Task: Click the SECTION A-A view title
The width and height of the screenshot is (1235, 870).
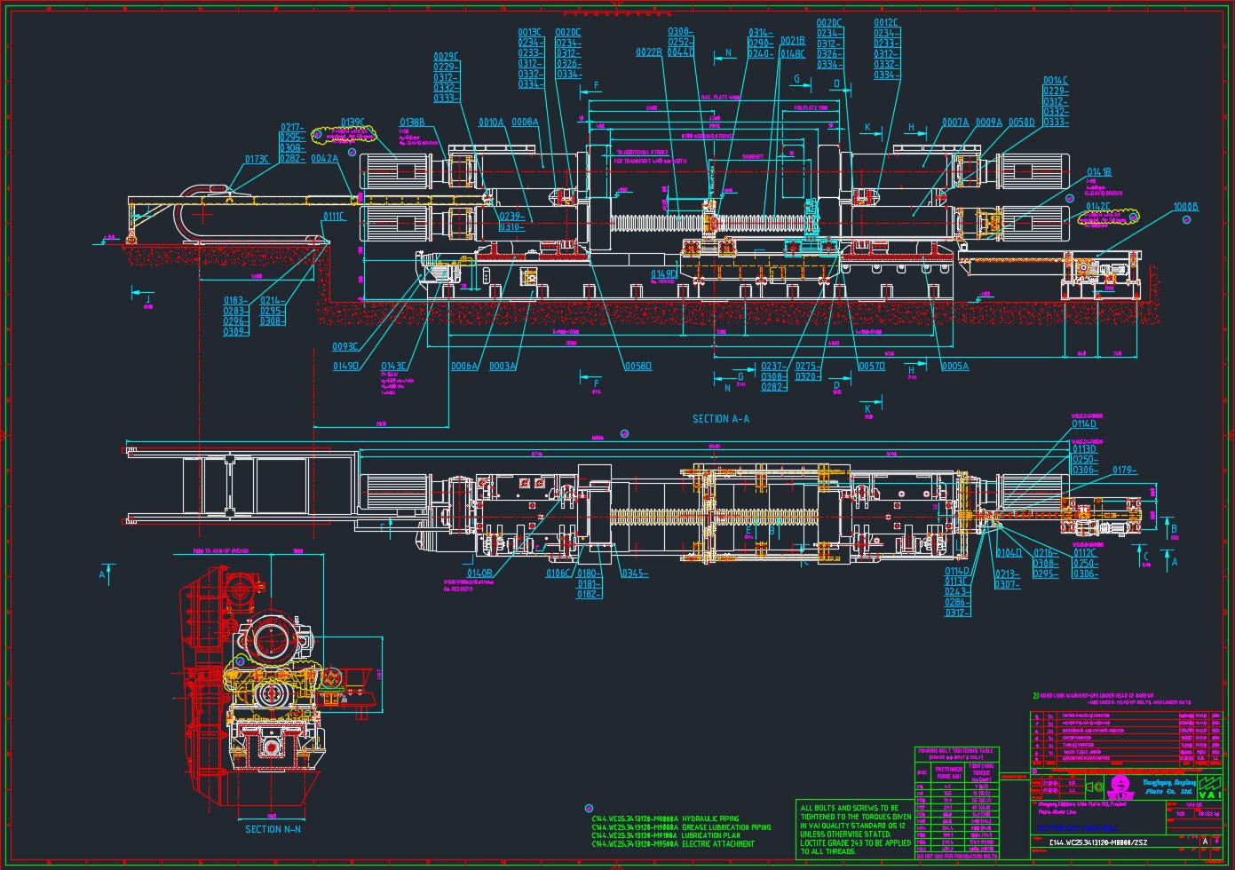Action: (720, 419)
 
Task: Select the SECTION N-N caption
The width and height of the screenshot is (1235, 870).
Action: (273, 829)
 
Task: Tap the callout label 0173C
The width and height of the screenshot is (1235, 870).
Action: (257, 160)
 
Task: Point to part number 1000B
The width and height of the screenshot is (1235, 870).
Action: (1185, 207)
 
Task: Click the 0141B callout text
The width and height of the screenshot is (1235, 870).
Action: (1099, 171)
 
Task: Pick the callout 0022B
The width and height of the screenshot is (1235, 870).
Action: (649, 53)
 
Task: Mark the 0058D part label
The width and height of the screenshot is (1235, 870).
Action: (637, 366)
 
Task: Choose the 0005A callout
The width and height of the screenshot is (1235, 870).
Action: (954, 366)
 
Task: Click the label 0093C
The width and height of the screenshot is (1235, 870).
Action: (345, 346)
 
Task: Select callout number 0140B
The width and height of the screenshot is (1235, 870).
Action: (479, 573)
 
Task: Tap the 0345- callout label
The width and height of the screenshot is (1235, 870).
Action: (634, 573)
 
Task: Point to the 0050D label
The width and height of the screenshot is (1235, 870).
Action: (1021, 123)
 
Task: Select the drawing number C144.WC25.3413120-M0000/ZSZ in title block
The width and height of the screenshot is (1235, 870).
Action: (1097, 842)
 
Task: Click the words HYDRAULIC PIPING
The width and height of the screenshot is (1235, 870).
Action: (711, 819)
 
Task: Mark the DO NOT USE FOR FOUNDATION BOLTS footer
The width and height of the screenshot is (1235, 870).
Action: (957, 857)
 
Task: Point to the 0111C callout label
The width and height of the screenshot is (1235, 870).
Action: (334, 216)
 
